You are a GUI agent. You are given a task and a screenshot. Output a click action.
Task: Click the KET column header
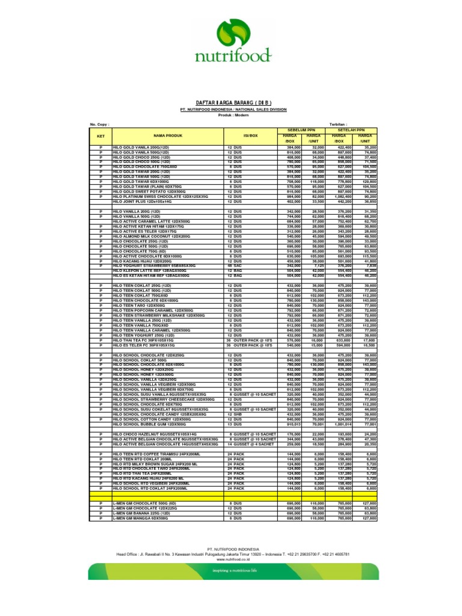coord(100,136)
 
